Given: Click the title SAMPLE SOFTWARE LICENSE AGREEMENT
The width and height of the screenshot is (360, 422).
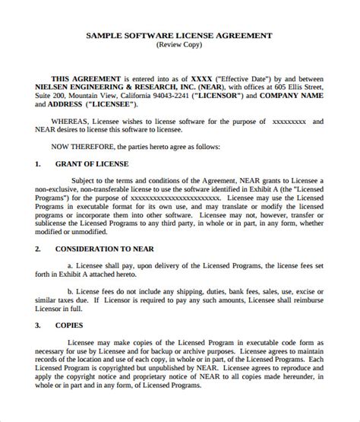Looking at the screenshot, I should pyautogui.click(x=180, y=35).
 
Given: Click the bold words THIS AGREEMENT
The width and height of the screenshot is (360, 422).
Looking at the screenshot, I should pyautogui.click(x=85, y=78).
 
